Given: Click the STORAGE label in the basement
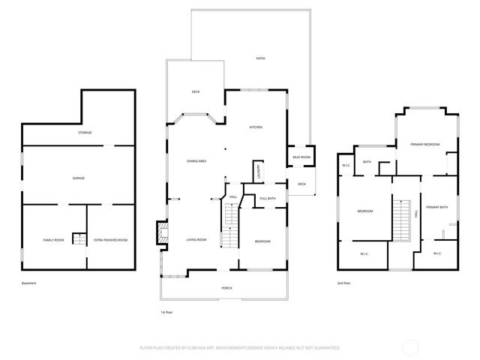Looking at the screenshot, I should coord(84,133).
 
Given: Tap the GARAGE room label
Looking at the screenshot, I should coord(78,178).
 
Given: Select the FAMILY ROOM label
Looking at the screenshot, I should coord(53,240).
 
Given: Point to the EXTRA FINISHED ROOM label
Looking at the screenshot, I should coord(111,240).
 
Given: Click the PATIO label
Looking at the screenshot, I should coord(260,58).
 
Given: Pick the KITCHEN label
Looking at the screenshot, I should coord(255,127).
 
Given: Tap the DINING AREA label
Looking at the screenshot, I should coord(196,161).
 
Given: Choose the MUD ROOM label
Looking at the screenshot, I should coord(301,156).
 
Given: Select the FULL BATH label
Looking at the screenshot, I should coord(268,198).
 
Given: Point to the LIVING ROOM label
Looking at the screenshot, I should coord(196,240).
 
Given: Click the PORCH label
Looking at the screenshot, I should coord(226,288).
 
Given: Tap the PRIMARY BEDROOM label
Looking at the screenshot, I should coord(424,144).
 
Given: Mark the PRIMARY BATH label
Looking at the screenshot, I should coord(436,207).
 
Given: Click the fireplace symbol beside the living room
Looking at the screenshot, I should coord(160,233).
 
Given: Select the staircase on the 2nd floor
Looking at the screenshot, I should coord(403,220).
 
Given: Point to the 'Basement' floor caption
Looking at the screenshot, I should coord(29,283).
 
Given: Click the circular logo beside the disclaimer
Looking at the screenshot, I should coord(410,347).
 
